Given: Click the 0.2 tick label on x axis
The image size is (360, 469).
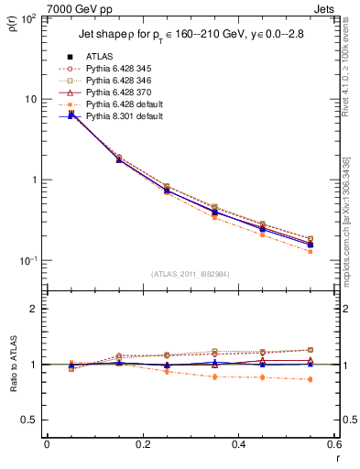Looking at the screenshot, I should (x=143, y=444).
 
